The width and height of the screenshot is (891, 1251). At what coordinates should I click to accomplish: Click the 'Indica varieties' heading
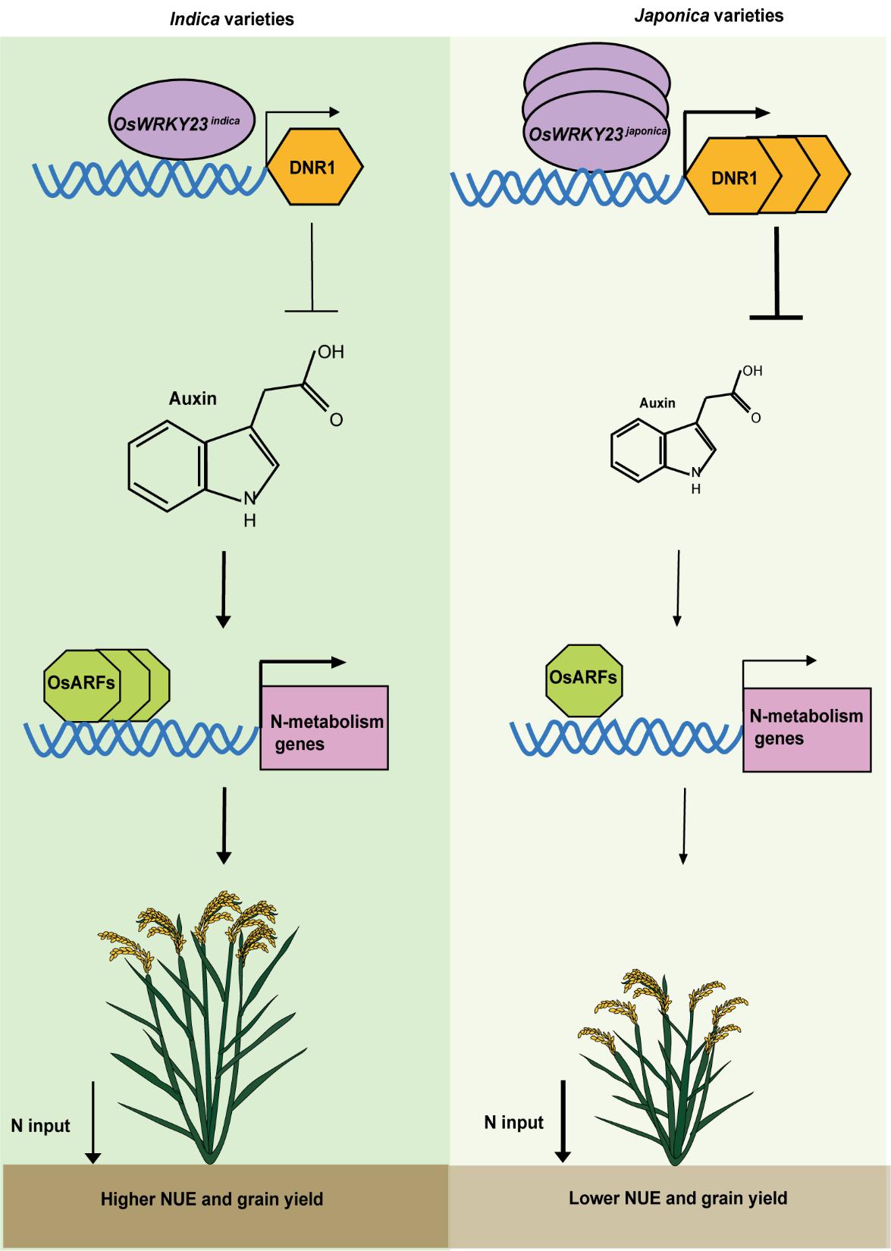tap(231, 19)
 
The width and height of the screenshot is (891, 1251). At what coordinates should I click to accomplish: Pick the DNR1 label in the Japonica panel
tap(733, 177)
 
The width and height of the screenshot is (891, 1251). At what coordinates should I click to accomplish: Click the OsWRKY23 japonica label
tap(598, 133)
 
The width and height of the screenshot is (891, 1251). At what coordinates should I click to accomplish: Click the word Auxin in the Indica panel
tap(193, 398)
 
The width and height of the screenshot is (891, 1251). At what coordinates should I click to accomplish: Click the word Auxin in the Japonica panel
tap(657, 403)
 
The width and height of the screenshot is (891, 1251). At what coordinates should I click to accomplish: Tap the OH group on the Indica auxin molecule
tap(331, 353)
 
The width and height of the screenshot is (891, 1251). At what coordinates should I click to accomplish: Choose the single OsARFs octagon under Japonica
tap(583, 677)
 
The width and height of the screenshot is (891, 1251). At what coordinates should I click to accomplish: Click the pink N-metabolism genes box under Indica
tap(325, 728)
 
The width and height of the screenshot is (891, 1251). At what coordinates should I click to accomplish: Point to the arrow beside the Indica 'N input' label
tap(93, 1122)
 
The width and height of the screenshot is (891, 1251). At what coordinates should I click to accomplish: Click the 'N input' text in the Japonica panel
tap(514, 1122)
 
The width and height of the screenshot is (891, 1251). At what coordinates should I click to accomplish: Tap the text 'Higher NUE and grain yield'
tap(212, 1199)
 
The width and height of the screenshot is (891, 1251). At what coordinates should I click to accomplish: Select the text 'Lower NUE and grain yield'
tap(678, 1198)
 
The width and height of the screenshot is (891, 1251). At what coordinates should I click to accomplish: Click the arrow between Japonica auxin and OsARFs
tap(677, 588)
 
